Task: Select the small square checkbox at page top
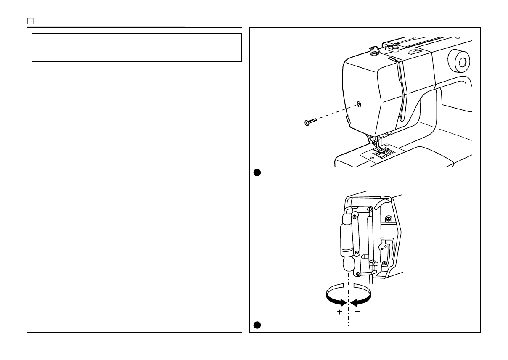[30, 20]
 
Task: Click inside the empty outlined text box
[137, 47]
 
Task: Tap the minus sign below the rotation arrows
[357, 312]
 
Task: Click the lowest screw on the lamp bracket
[357, 274]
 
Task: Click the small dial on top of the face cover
[373, 53]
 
